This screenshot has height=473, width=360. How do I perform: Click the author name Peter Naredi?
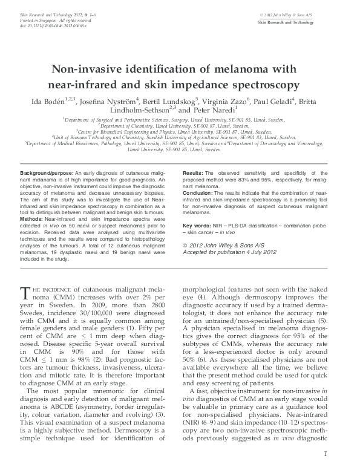point(213,111)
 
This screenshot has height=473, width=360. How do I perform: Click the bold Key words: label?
point(197,226)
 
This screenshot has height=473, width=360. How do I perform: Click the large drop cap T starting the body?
point(25,293)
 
